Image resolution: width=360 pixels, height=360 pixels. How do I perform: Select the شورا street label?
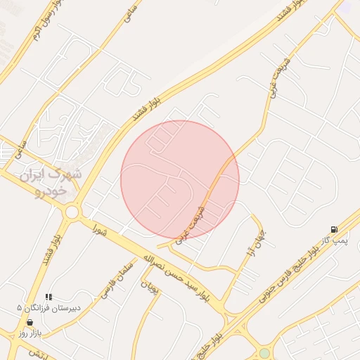pos(98,229)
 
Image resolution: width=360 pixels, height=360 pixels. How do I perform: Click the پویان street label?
pos(148,287)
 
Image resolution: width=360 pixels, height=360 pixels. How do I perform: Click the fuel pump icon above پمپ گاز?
pos(333,230)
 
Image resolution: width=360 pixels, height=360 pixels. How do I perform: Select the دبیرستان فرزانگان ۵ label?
pos(49,308)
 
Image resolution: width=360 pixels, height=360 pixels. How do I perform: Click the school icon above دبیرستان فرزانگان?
pos(49,297)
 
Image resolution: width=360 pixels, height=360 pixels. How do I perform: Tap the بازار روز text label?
pos(32,331)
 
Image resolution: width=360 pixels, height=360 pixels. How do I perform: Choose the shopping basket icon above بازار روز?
pos(29,321)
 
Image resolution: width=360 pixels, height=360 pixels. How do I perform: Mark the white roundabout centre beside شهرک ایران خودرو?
pos(71,212)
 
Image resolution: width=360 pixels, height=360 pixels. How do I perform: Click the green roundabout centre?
pos(264,353)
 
